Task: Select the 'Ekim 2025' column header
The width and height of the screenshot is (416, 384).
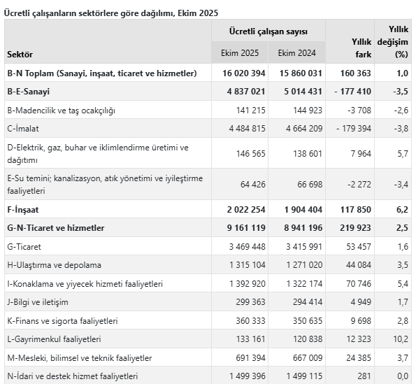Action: pyautogui.click(x=240, y=53)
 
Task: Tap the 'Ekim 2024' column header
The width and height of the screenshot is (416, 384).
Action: pyautogui.click(x=296, y=53)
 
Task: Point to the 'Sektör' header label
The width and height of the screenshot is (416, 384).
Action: pyautogui.click(x=20, y=54)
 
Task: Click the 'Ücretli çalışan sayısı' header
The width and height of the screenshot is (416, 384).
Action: pyautogui.click(x=268, y=31)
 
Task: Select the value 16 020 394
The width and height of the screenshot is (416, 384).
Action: pyautogui.click(x=239, y=73)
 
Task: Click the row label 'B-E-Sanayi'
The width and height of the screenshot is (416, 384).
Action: pyautogui.click(x=29, y=91)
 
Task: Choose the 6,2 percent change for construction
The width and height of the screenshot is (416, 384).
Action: pyautogui.click(x=401, y=209)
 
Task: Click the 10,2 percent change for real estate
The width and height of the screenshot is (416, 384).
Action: pyautogui.click(x=399, y=339)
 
